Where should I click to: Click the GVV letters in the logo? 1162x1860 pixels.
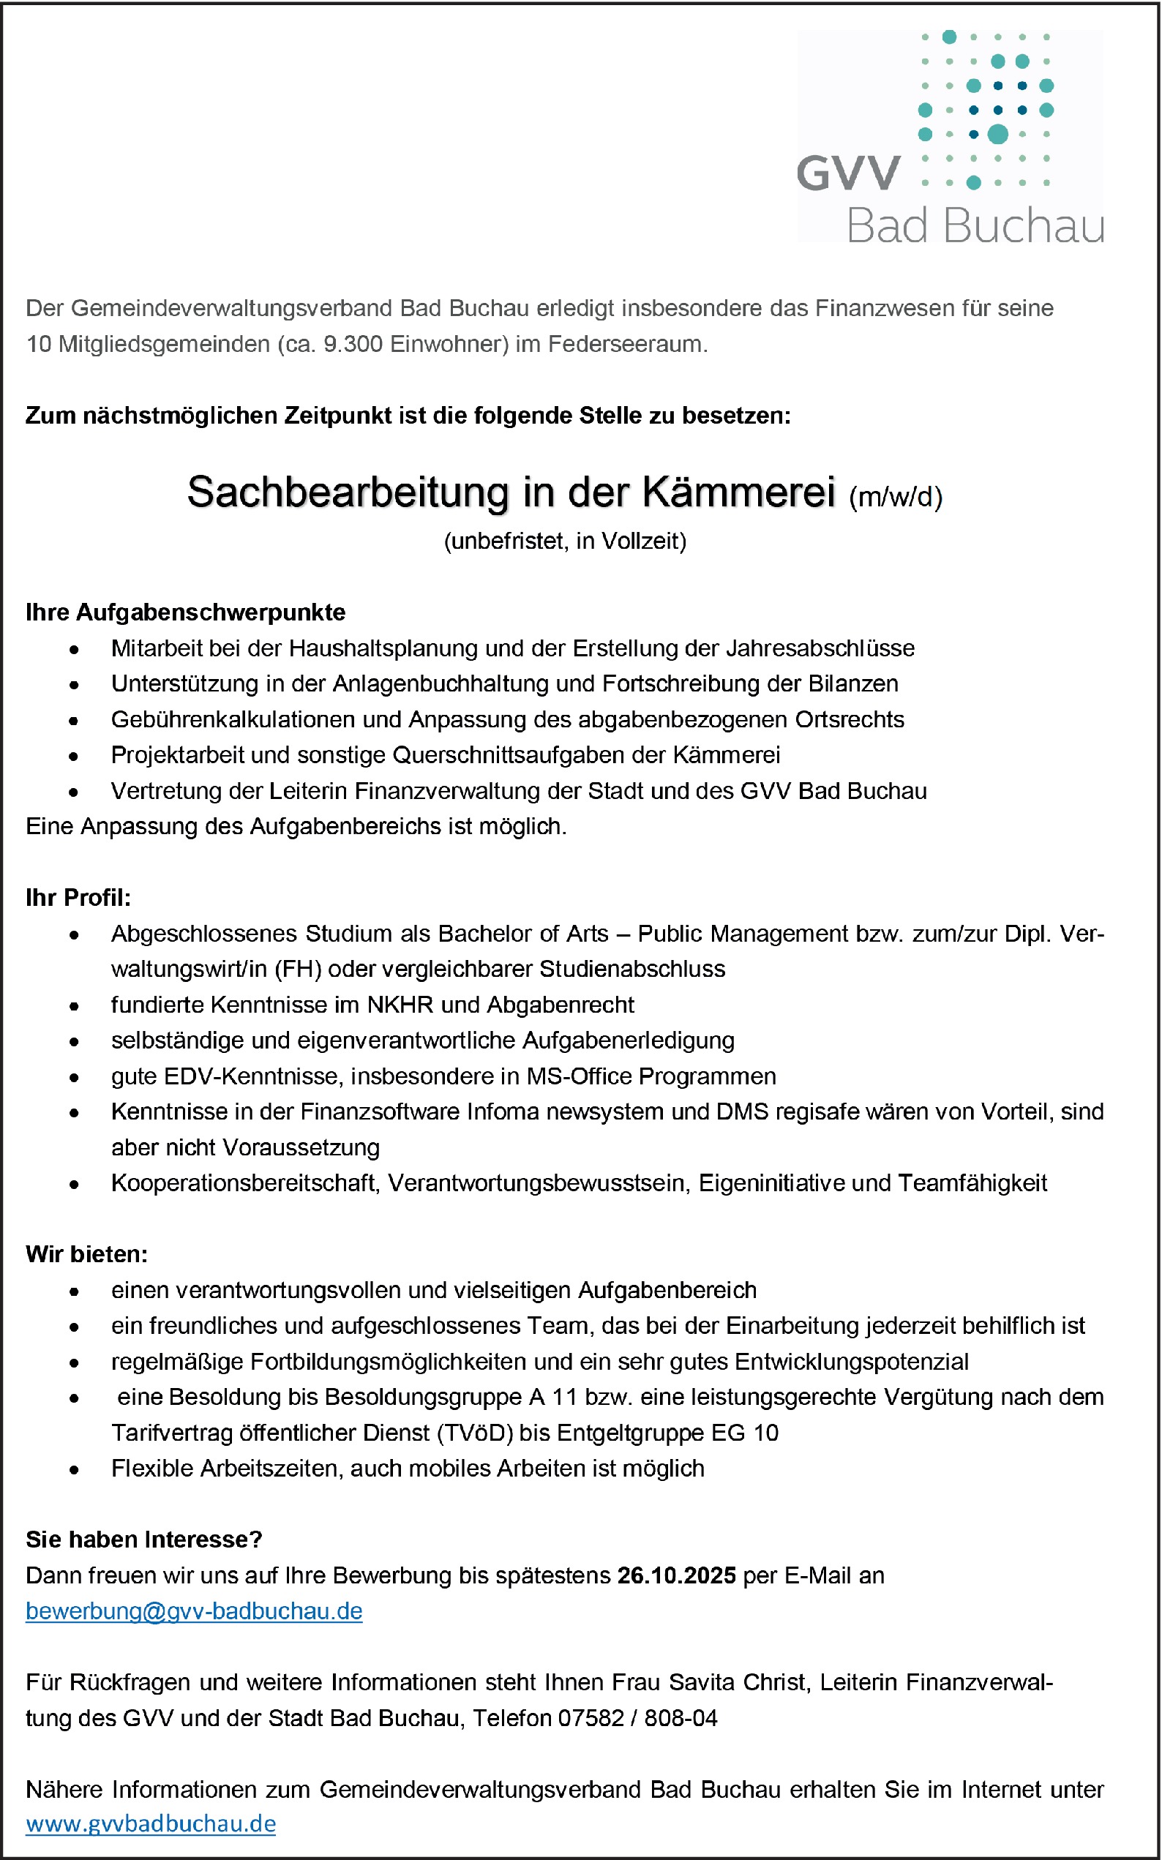tap(848, 173)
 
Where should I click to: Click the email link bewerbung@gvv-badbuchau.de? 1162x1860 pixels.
tap(194, 1610)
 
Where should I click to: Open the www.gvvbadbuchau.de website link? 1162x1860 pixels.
tap(151, 1823)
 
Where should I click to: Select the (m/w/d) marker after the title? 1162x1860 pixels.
tap(896, 497)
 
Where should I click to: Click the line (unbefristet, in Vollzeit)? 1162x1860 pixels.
tap(565, 541)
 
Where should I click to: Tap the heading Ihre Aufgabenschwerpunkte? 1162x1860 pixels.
tap(185, 612)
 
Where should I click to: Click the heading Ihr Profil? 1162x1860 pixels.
tap(78, 897)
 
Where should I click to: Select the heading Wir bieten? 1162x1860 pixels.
tap(87, 1254)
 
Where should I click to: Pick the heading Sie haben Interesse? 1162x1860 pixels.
tap(143, 1539)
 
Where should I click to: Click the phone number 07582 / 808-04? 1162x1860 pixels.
tap(637, 1718)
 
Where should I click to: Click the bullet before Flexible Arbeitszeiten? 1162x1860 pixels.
tap(74, 1469)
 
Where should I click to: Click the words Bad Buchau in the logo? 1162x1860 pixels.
tap(975, 226)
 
